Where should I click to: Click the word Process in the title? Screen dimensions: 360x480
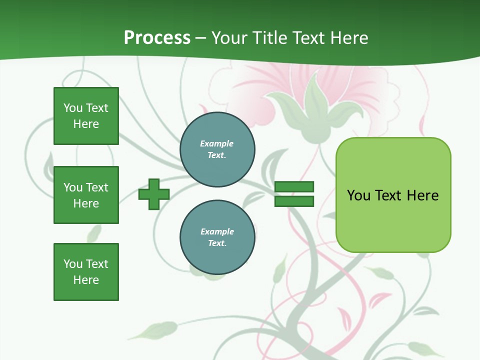tap(157, 38)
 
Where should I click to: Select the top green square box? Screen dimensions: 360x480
tap(86, 116)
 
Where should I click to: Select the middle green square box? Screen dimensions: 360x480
tap(86, 195)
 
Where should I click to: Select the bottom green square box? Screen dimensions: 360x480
tap(86, 272)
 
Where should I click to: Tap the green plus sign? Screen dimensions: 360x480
tap(154, 195)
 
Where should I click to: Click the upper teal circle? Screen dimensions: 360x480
tap(217, 149)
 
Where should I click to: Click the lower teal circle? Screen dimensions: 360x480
tap(217, 237)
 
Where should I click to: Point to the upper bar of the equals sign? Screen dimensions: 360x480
tap(294, 187)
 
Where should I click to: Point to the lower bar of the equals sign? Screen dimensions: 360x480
tap(294, 201)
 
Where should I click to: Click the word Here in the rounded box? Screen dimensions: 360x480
tap(422, 195)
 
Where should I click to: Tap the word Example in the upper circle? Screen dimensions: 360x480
tap(216, 143)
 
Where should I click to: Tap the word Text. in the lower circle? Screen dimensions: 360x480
tap(217, 243)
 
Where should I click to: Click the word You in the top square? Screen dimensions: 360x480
tap(73, 108)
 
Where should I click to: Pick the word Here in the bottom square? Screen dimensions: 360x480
tap(86, 280)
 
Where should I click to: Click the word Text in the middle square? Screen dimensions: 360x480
tap(97, 187)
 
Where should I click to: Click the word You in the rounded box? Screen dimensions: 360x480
tap(358, 195)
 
